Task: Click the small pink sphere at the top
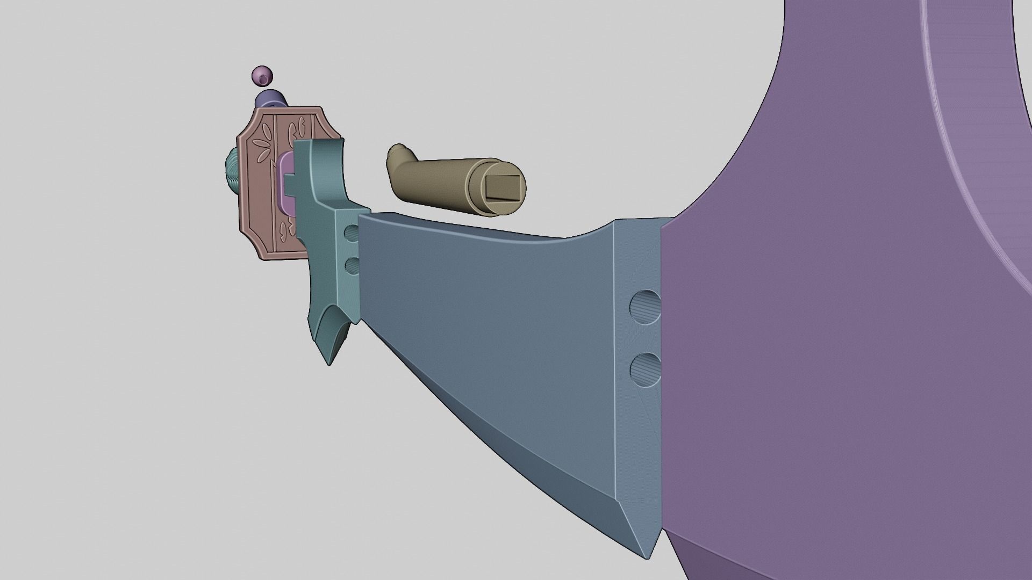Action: (262, 76)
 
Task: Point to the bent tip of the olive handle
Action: (398, 153)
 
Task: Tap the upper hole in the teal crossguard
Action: (352, 233)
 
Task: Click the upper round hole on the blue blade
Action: (645, 307)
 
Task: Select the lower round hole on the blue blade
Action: (645, 369)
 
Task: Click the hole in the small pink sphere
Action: (262, 79)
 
